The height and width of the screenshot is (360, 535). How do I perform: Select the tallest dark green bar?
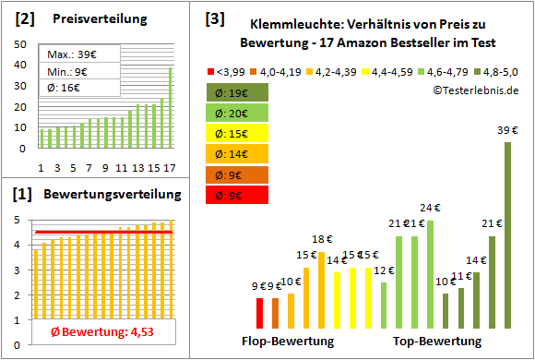[x=507, y=235]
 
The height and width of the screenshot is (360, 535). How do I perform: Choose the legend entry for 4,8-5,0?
[x=496, y=70]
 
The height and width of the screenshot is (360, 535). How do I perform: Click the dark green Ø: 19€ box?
[x=238, y=92]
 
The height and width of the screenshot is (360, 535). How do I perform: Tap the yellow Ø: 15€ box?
[x=238, y=133]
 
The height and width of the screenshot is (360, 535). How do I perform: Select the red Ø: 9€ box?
[x=238, y=194]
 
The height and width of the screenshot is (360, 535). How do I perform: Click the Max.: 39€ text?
[x=70, y=55]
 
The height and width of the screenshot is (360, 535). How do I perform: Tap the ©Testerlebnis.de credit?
[x=474, y=90]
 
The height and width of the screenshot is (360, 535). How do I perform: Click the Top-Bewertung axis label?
[x=437, y=342]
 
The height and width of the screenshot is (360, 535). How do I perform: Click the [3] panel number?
[x=213, y=18]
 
